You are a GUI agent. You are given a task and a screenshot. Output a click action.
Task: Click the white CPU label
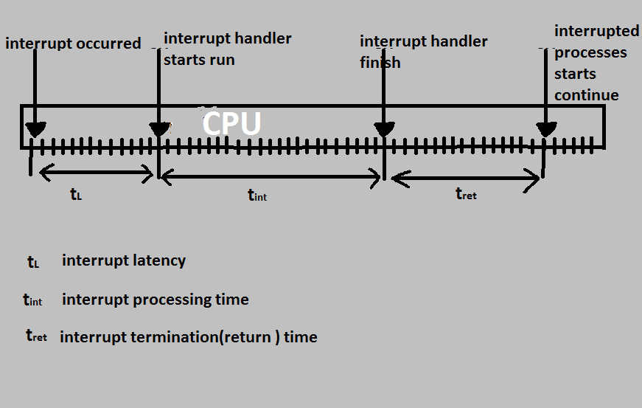coord(231,123)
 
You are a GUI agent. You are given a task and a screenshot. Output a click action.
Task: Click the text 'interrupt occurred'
coord(73,44)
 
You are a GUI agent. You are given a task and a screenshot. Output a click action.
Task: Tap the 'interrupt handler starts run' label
coord(227,49)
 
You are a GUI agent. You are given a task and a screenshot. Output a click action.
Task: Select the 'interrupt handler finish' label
coord(423,52)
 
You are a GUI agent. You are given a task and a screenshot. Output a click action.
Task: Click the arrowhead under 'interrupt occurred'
coord(35,130)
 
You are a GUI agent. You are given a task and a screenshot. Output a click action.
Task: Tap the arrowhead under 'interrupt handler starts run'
coord(159,130)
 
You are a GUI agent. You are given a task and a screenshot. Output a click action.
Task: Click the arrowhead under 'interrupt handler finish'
coord(384,130)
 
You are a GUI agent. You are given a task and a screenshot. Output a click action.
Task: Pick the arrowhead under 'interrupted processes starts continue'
coord(545,130)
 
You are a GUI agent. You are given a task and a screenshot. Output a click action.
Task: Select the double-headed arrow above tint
coord(271,176)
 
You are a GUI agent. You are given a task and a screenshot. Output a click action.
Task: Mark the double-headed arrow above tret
coord(466,177)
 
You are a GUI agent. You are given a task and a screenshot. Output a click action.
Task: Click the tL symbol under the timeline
coord(76,195)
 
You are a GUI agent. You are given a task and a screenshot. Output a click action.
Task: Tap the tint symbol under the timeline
coord(257,195)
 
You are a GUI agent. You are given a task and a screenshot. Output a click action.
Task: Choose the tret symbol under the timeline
coord(466,194)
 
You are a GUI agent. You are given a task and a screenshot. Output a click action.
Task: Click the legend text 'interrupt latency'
coord(124,260)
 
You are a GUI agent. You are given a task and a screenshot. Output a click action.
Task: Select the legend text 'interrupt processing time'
coord(156,300)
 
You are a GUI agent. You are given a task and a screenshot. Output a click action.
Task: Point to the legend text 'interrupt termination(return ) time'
coord(189,337)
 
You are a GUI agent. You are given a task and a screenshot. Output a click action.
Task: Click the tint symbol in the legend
coord(33,300)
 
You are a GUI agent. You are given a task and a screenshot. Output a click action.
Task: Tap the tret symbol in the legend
coord(36,336)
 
